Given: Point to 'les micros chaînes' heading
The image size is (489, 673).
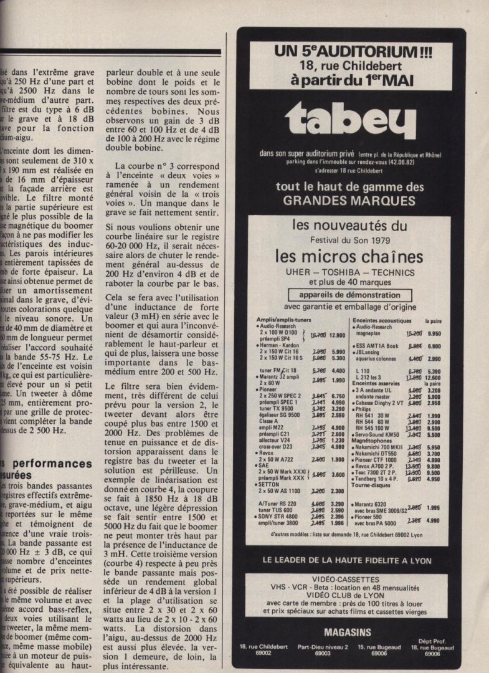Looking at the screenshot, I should point(352,256).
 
